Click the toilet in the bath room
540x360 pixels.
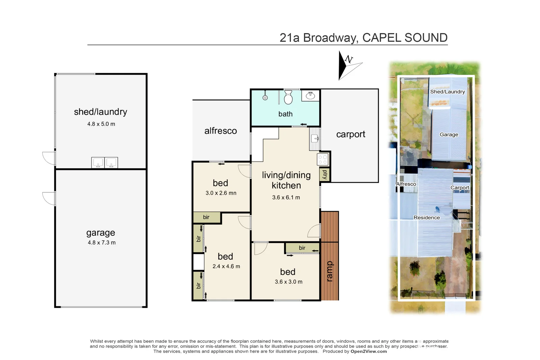point(288,97)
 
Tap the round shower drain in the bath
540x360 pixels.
point(265,98)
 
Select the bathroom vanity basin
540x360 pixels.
point(310,96)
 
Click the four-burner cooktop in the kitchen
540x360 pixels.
point(323,160)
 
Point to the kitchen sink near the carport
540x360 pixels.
point(315,138)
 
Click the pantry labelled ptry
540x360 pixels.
point(325,174)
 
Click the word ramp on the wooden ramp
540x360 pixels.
point(329,271)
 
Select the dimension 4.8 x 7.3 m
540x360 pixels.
point(102,243)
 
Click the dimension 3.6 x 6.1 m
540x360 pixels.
point(286,197)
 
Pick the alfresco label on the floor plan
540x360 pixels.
point(220,131)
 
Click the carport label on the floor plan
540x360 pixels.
point(350,134)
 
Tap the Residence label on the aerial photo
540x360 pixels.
point(427,218)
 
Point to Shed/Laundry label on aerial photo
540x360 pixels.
point(447,92)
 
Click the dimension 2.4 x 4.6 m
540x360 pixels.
point(226,266)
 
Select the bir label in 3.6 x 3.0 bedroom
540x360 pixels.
point(302,248)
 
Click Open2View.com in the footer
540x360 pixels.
point(369,351)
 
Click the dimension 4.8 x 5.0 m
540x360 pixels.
point(101,124)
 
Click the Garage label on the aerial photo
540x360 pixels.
point(449,135)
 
